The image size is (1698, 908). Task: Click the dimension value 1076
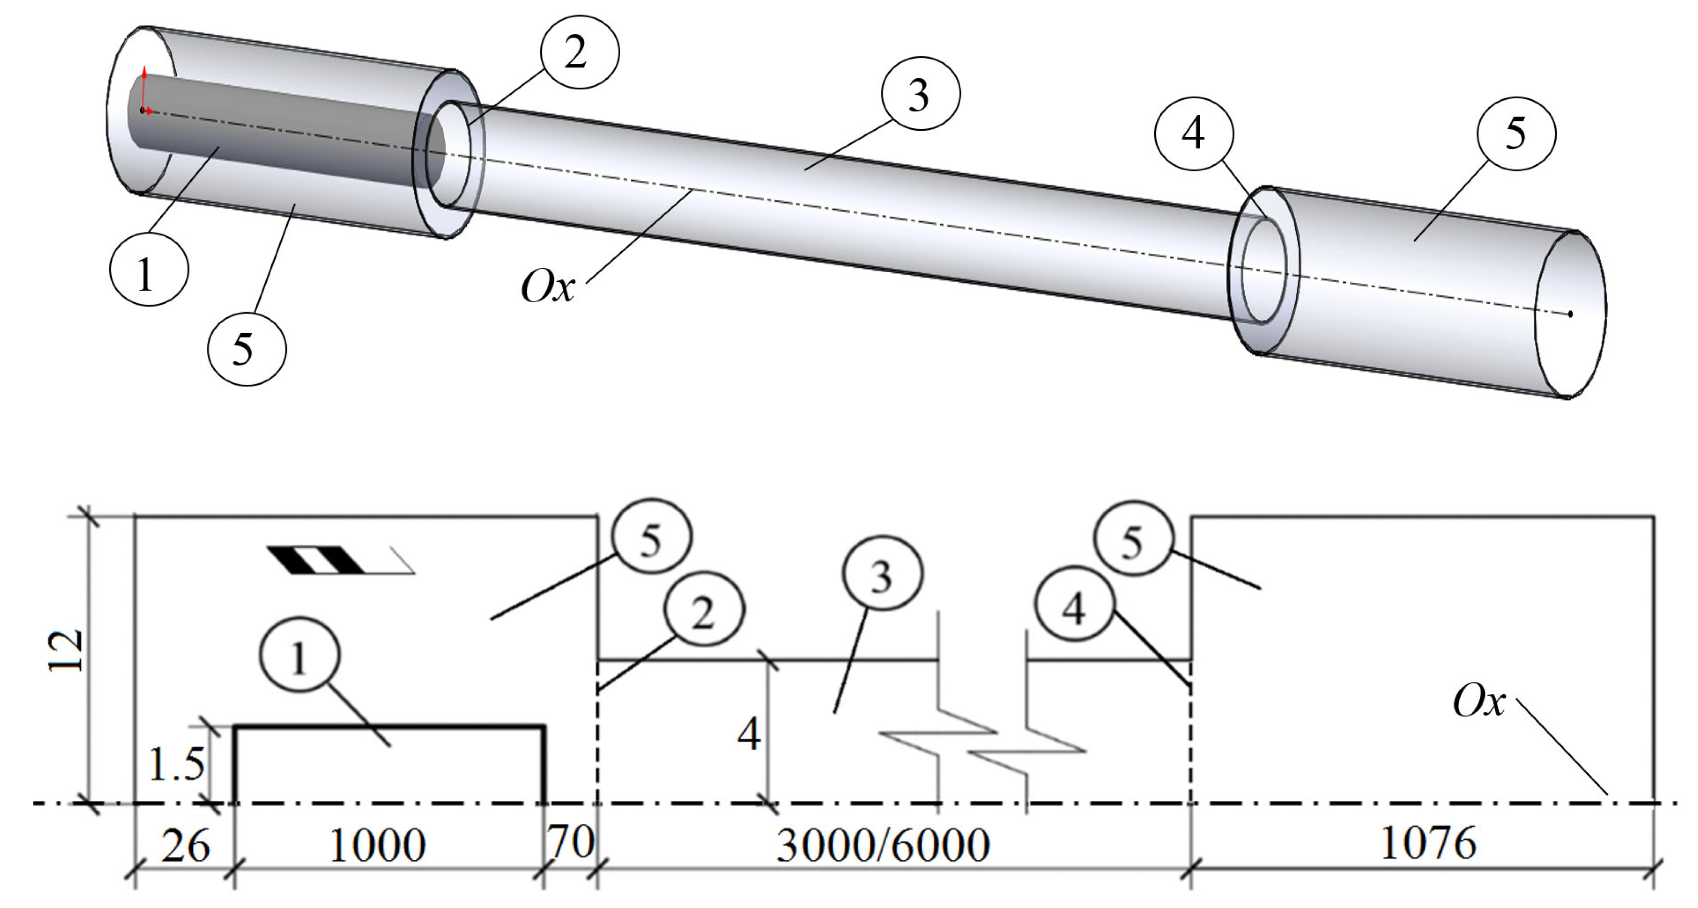coord(1428,843)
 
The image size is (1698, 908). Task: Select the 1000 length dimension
coord(377,845)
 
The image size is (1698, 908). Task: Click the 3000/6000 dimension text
coord(883,845)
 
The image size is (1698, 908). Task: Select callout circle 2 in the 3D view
coord(579,51)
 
